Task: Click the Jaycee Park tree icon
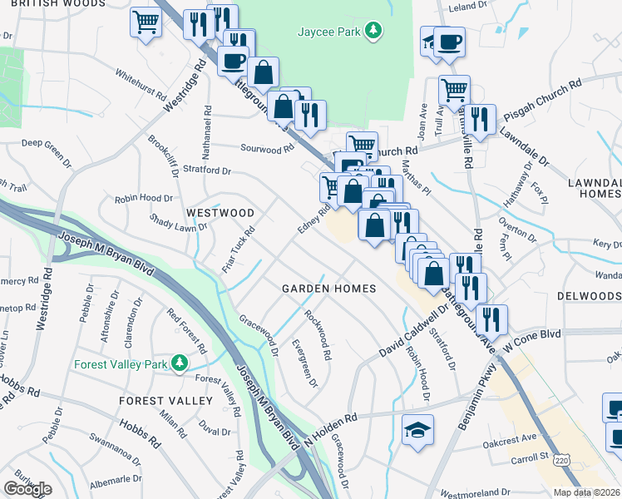375,32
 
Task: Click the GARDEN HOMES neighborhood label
328,289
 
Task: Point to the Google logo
27,489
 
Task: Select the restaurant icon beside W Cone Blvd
492,318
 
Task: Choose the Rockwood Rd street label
318,334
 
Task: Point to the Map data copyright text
587,492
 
